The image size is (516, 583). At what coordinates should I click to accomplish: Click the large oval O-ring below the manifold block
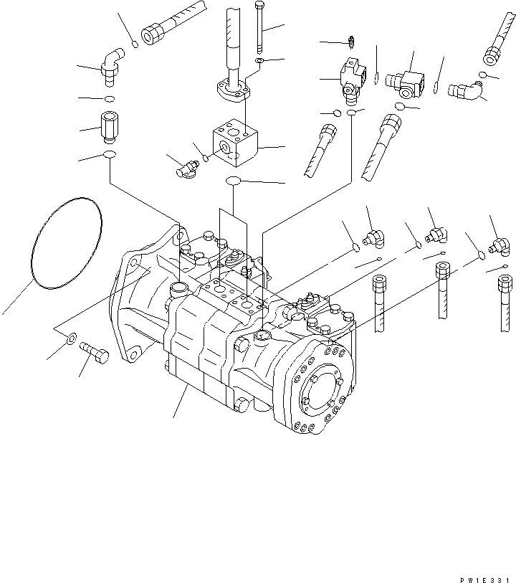click(234, 182)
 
